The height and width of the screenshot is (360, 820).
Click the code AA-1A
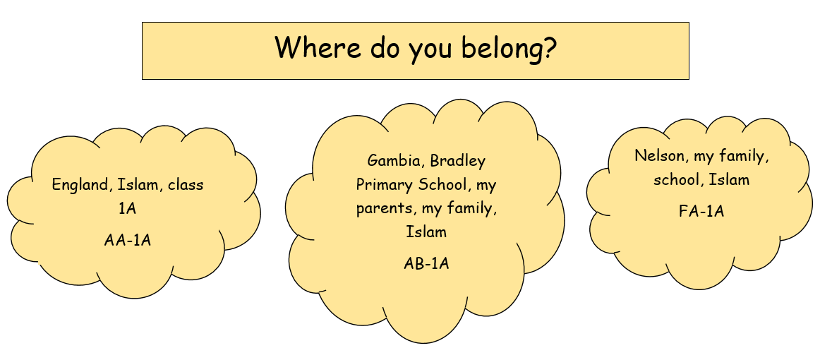point(128,240)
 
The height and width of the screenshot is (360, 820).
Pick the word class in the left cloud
point(186,185)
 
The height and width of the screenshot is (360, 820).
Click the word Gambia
point(395,161)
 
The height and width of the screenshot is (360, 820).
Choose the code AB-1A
point(426,263)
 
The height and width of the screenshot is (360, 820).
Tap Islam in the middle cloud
point(426,232)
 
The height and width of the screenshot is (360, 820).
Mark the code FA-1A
point(701,211)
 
